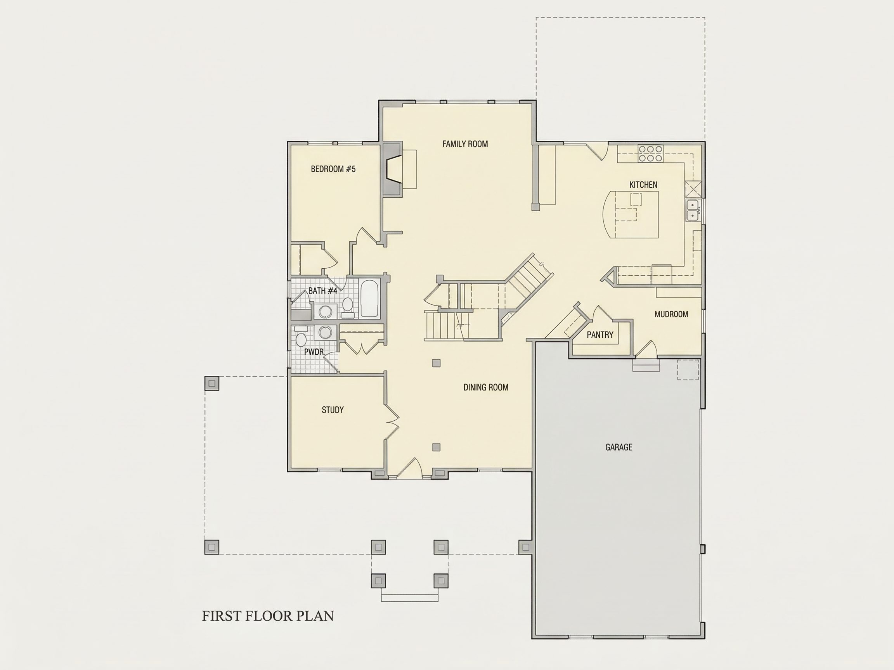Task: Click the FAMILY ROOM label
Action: (x=465, y=144)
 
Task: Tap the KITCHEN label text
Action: (x=643, y=185)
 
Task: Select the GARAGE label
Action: (x=619, y=447)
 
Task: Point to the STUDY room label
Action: (x=333, y=410)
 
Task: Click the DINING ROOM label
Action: (x=486, y=387)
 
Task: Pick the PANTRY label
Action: (x=600, y=335)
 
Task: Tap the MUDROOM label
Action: (x=671, y=314)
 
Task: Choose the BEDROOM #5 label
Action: (x=333, y=169)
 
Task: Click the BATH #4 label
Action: (x=322, y=291)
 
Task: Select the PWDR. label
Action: (x=314, y=352)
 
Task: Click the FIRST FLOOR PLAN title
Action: (x=268, y=616)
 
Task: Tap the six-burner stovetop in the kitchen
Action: (x=650, y=154)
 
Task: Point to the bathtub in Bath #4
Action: (x=369, y=299)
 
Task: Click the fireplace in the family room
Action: (x=392, y=169)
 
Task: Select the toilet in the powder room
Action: (x=301, y=337)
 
